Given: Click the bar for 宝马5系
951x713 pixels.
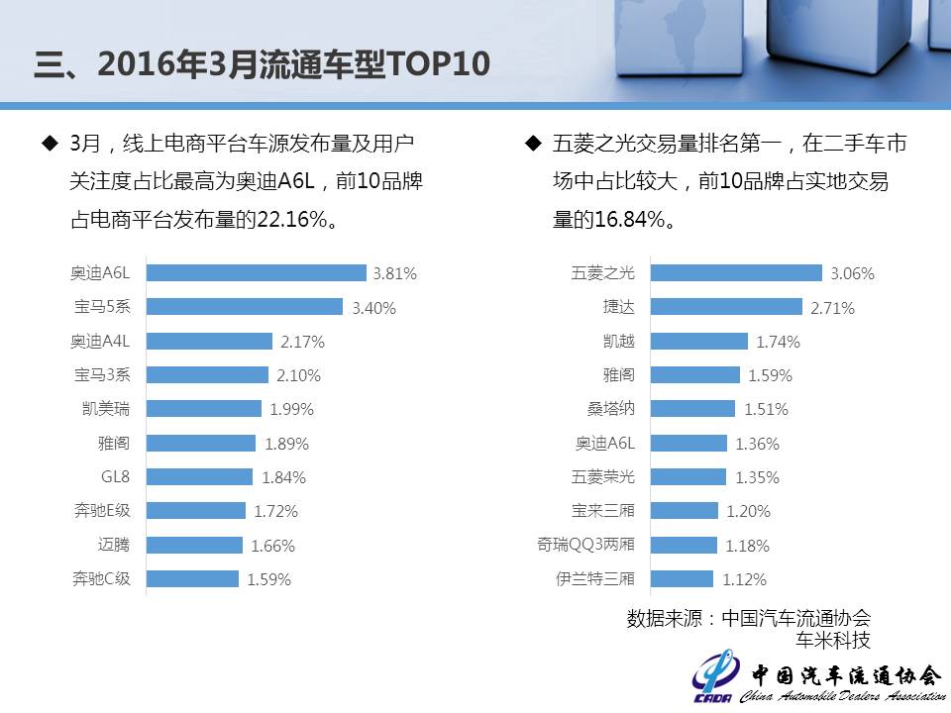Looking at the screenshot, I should click(x=245, y=307).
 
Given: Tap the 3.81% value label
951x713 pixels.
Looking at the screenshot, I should click(x=394, y=273).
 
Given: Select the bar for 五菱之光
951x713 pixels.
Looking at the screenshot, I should click(x=736, y=273).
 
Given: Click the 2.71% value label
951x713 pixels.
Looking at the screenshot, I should click(x=832, y=308).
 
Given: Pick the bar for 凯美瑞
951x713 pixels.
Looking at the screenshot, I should click(x=204, y=409).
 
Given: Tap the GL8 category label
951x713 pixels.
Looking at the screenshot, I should click(x=115, y=476).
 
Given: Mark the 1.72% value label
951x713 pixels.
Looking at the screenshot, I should click(x=275, y=511).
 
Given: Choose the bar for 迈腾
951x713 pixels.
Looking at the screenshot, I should click(x=194, y=545).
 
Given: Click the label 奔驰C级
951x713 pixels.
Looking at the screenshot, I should click(x=101, y=578).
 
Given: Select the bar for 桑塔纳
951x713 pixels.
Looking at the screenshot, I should click(x=692, y=409).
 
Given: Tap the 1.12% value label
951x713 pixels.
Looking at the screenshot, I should click(x=745, y=579).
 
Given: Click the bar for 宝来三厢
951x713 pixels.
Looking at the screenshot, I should click(x=684, y=511).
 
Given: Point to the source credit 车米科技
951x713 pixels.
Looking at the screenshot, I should click(x=834, y=640).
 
